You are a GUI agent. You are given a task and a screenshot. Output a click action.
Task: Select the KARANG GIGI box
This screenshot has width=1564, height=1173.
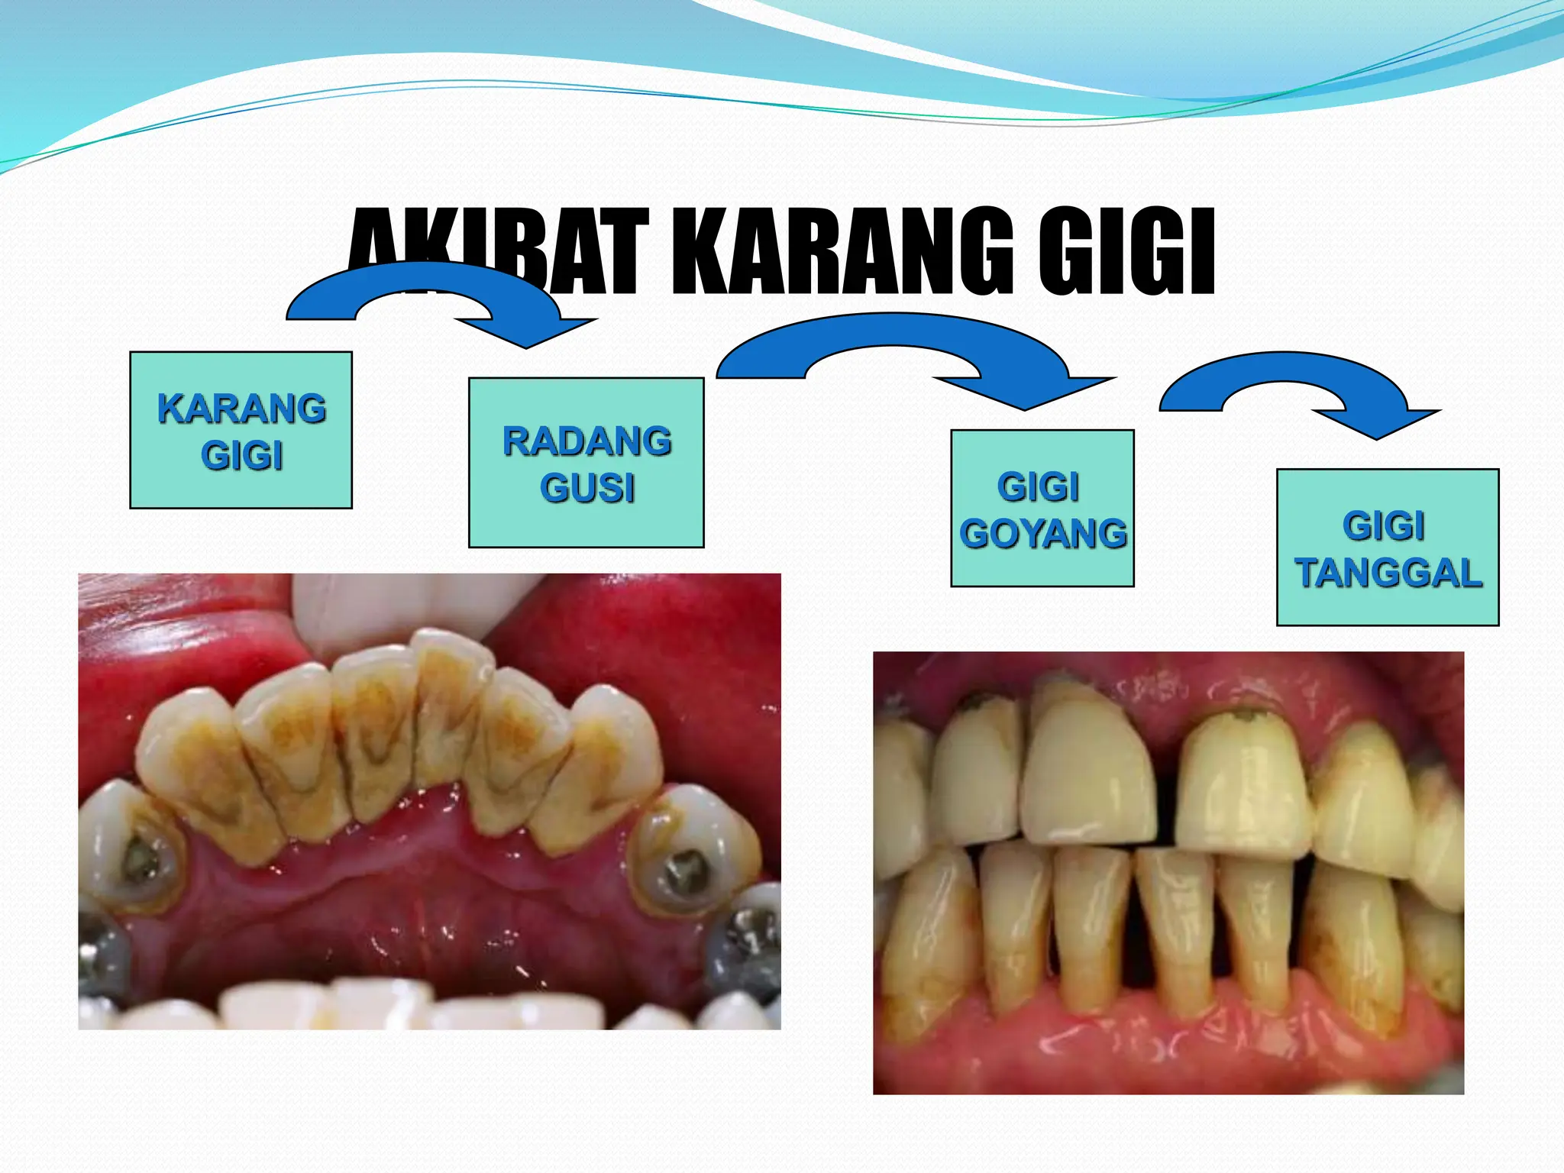(241, 430)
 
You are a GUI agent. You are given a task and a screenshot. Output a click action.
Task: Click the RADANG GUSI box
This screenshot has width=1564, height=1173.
(586, 463)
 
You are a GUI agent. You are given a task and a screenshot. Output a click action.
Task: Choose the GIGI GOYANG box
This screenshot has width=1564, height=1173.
(1042, 509)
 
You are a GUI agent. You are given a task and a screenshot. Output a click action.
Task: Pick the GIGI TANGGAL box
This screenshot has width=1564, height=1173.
(1388, 548)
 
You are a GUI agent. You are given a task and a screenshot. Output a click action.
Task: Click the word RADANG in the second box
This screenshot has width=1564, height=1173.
(586, 441)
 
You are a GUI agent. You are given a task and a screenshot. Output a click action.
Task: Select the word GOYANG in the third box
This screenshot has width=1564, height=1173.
(1043, 533)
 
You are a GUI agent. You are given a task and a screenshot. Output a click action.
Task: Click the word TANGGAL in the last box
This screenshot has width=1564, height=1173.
(1388, 573)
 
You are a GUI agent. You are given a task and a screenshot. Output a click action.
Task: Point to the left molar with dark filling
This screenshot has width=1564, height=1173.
(137, 855)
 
